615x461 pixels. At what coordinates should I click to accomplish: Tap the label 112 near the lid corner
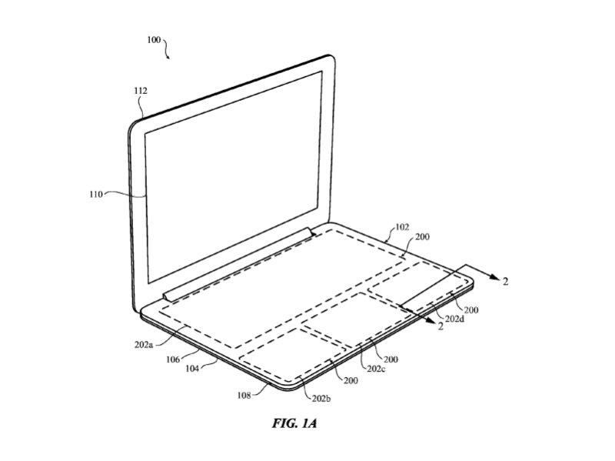click(141, 90)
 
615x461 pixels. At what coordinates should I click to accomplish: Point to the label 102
click(401, 228)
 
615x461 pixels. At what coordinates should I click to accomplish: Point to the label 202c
click(376, 369)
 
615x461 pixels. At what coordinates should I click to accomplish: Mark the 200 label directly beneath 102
click(423, 238)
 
